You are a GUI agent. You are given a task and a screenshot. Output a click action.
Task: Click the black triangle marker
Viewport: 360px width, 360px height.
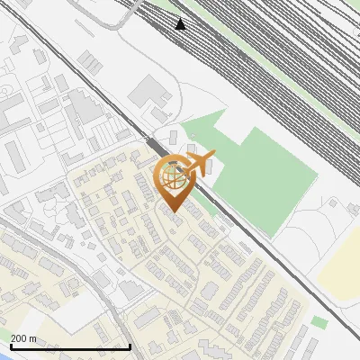point(181,23)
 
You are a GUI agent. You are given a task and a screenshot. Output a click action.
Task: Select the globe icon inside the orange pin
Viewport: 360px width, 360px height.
point(173,175)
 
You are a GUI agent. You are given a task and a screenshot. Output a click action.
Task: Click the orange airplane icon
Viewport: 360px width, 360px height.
point(199,164)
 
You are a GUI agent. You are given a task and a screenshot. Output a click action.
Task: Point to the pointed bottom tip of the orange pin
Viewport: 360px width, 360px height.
point(173,211)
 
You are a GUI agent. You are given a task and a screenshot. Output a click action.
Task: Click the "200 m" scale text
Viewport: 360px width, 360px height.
point(24,337)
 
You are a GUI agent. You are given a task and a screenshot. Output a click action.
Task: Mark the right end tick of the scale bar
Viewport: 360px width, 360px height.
point(131,346)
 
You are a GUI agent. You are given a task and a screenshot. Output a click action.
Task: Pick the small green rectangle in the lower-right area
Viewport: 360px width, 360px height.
point(319,321)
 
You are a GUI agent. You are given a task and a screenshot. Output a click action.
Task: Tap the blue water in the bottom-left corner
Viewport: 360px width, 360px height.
point(4,355)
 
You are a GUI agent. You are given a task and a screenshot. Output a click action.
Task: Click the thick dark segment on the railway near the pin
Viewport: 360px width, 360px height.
point(155,144)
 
